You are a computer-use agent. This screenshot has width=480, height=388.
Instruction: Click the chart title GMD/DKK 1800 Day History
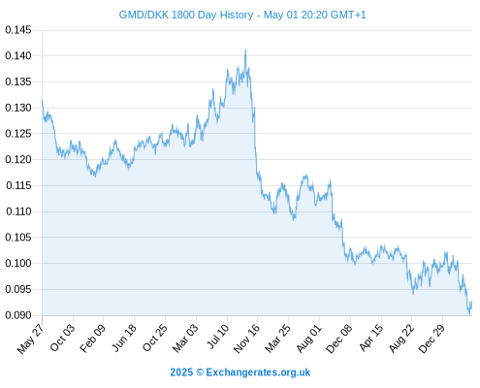click(186, 15)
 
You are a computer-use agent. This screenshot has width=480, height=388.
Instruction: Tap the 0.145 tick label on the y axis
click(18, 30)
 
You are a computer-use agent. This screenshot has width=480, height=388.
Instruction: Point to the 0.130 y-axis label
click(18, 108)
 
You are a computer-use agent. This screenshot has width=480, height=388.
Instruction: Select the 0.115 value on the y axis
click(18, 185)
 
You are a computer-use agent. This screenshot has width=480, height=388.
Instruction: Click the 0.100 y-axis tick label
click(18, 263)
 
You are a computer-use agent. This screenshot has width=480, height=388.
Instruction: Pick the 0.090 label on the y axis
click(18, 315)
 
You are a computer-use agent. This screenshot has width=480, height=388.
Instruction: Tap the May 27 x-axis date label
click(30, 339)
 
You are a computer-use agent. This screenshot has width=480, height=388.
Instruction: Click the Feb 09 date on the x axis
click(93, 339)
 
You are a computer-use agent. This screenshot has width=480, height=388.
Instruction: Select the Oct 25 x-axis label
click(155, 338)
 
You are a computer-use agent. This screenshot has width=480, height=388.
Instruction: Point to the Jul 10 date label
click(218, 337)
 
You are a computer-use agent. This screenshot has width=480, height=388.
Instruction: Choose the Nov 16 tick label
click(246, 339)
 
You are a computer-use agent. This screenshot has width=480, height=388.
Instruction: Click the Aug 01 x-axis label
click(309, 339)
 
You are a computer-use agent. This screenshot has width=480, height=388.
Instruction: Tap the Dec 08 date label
click(339, 339)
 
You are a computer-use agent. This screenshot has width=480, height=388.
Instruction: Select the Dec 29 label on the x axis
click(432, 339)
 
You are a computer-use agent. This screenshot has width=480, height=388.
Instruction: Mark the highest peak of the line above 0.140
click(245, 49)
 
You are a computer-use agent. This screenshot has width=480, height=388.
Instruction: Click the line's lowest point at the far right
click(470, 314)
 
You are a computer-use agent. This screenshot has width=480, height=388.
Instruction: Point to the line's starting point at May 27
click(42, 100)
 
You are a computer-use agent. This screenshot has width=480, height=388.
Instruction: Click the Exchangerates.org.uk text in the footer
click(258, 372)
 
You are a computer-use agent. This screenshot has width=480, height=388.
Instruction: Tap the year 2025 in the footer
click(181, 372)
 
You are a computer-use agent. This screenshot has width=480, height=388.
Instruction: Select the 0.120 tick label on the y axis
click(18, 160)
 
